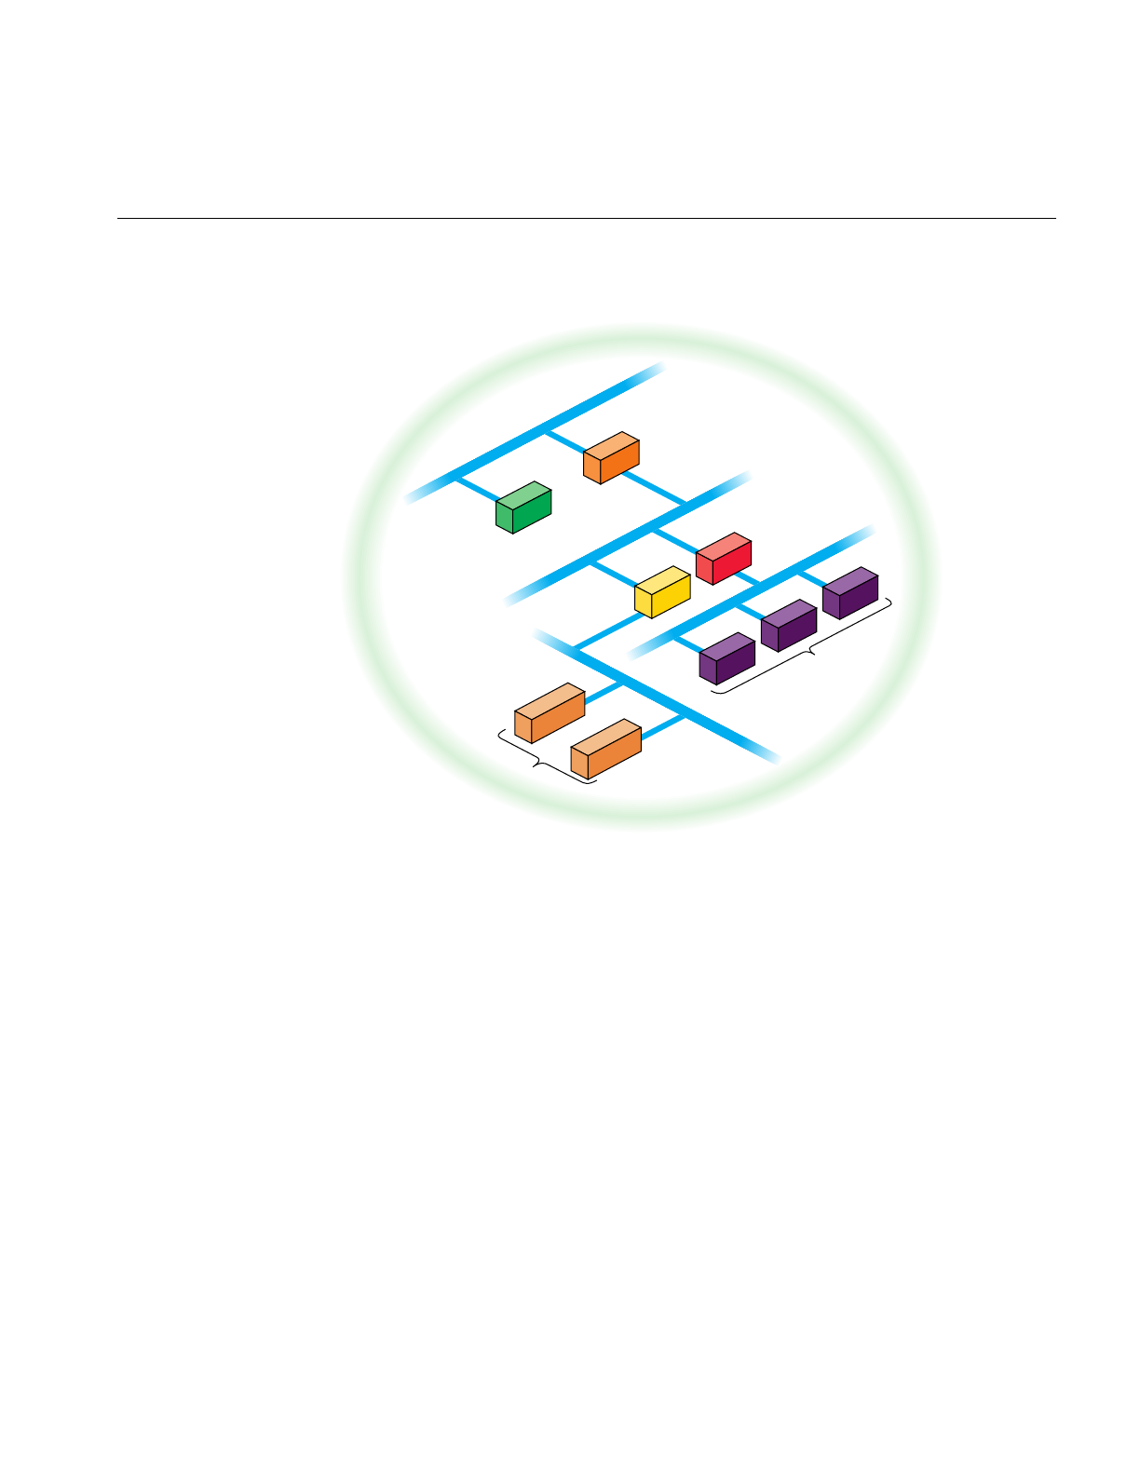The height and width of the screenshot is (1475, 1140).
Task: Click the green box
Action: (522, 508)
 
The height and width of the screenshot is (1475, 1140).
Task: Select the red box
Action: (724, 561)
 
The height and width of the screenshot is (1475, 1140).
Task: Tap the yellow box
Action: (662, 593)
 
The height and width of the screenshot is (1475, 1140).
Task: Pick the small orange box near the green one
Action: (611, 459)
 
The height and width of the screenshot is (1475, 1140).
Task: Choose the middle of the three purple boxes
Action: (789, 626)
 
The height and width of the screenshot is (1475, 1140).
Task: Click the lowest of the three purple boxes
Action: (727, 659)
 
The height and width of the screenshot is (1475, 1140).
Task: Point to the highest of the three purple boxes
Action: (850, 594)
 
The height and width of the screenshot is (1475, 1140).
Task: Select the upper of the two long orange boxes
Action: (550, 713)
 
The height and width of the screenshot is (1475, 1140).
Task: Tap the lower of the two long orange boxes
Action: (605, 750)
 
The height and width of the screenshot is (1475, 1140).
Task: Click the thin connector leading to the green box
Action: (476, 490)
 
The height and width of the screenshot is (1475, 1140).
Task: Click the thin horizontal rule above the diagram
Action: (587, 219)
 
